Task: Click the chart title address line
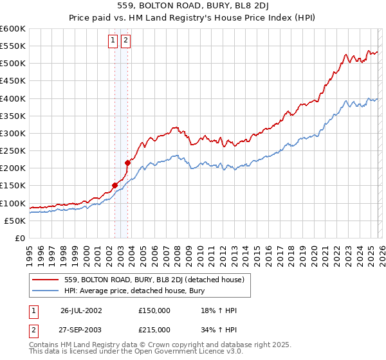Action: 192,6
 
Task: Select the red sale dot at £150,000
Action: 115,186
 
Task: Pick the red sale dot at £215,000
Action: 127,163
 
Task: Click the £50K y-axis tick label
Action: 14,221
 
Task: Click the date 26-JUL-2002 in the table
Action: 81,310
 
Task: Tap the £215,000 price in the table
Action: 154,329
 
